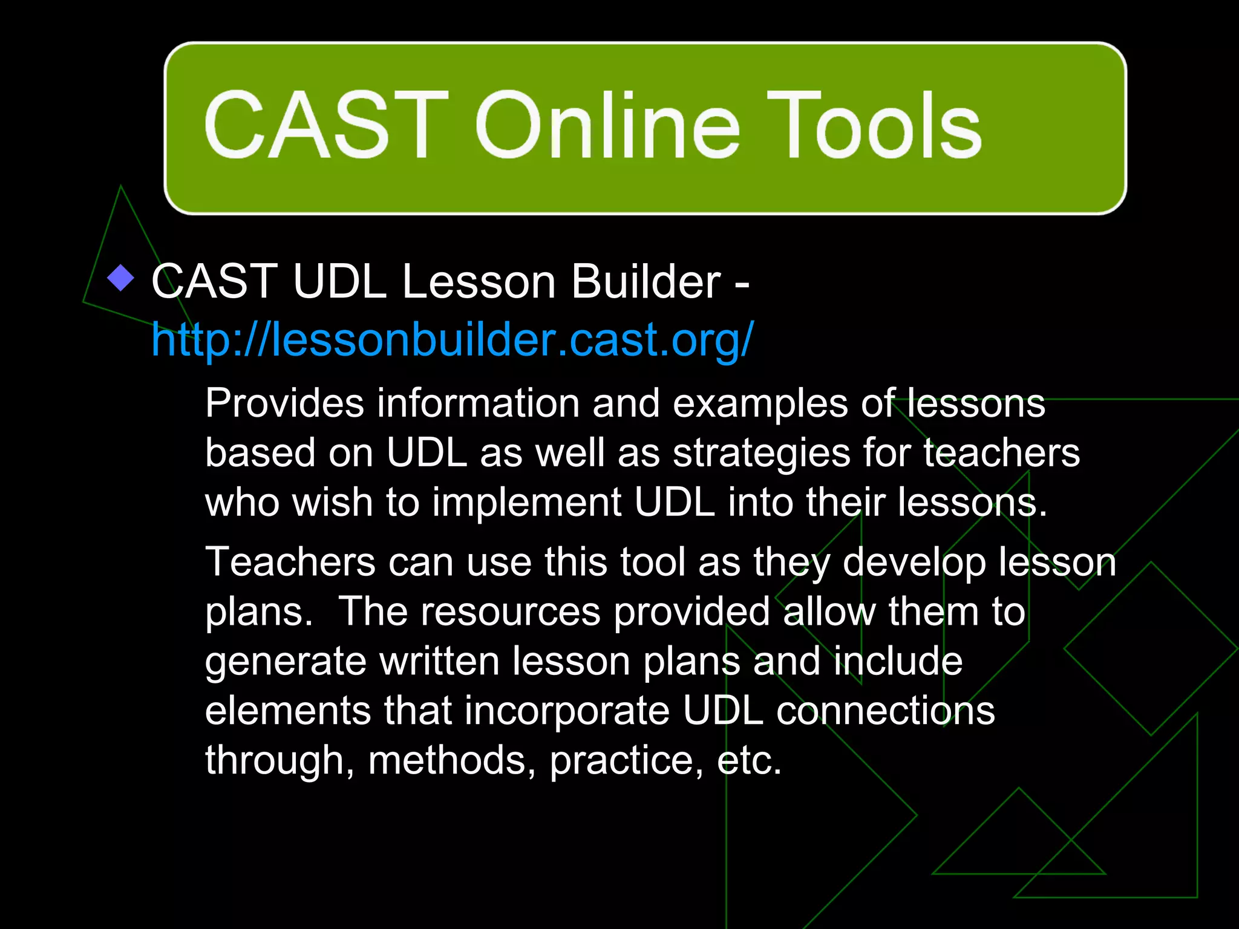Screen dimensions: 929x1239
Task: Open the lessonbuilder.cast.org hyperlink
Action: [453, 339]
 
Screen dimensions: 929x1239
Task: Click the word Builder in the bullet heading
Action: [646, 281]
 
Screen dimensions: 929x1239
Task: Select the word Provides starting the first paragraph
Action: [284, 403]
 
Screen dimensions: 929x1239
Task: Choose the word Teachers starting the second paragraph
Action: [290, 562]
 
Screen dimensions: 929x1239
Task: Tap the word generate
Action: [286, 661]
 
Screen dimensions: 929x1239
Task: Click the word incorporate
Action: [567, 711]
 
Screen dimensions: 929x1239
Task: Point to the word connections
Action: [885, 711]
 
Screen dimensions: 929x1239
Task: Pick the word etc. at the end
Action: [749, 760]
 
